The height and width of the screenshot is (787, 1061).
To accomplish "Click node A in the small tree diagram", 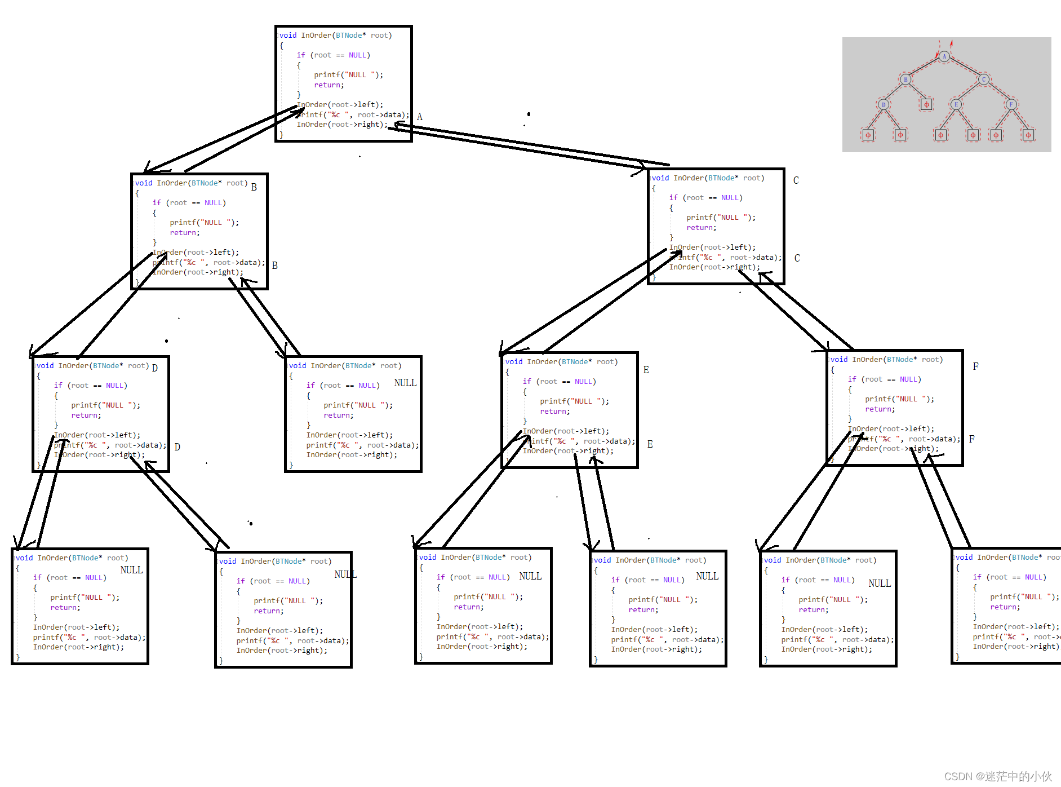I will click(x=944, y=56).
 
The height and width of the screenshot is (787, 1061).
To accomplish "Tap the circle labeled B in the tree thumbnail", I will click(x=905, y=79).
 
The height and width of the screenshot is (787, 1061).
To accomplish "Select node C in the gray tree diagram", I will click(x=984, y=79).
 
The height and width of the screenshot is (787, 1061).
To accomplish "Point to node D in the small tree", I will click(x=884, y=104).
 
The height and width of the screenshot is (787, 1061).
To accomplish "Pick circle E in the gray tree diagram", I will click(x=956, y=104).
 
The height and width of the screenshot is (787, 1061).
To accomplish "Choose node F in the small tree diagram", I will click(x=1011, y=104).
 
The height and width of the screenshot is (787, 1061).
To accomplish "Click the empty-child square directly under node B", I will click(x=926, y=104).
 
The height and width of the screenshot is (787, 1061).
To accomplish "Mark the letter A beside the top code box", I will click(x=420, y=117).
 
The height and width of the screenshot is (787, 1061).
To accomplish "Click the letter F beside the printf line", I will click(x=971, y=439).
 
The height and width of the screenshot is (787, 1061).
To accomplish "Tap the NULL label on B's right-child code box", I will click(x=405, y=383).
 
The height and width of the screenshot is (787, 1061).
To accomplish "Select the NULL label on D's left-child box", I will click(x=131, y=570).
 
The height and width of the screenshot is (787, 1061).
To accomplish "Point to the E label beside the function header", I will click(x=646, y=370).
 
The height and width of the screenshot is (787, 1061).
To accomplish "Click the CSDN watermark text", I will click(x=998, y=776).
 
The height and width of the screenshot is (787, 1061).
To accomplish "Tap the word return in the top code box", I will click(x=328, y=85).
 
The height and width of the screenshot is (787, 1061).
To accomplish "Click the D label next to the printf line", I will click(x=177, y=447).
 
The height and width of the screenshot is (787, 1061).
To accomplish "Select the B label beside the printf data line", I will click(x=275, y=266).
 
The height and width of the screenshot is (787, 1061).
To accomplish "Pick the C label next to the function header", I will click(x=796, y=180).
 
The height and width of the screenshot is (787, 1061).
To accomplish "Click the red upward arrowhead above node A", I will click(x=952, y=43).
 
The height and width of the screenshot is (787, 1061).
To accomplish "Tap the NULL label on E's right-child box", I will click(x=707, y=576).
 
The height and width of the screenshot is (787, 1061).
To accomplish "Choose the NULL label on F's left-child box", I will click(x=880, y=583).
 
